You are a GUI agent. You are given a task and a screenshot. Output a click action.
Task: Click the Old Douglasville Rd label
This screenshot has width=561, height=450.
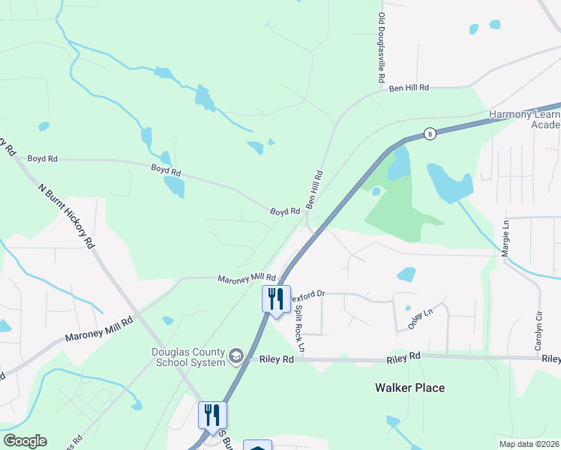[x=381, y=47]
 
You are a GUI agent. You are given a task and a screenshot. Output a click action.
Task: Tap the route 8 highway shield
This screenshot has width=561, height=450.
[x=429, y=134]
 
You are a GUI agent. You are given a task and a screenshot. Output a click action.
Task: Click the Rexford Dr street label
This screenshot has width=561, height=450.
[x=307, y=293]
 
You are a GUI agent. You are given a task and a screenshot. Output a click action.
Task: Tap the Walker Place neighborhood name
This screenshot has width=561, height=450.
[x=409, y=388]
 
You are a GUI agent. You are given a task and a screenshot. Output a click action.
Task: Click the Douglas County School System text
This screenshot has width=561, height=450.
[x=189, y=358]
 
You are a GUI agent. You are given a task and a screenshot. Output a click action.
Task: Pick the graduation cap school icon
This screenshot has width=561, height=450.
[x=237, y=355]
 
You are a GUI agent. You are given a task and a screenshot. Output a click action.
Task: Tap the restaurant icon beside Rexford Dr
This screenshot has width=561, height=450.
[x=275, y=298]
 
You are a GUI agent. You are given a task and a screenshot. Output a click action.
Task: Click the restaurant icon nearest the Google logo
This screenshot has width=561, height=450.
[x=212, y=414]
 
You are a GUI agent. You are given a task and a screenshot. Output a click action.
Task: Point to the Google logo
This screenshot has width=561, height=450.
[x=25, y=441]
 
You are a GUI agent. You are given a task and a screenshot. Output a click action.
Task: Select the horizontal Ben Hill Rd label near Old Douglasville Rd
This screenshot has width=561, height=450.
[x=409, y=88]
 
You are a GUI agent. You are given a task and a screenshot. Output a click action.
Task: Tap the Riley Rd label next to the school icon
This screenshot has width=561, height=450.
[x=277, y=359]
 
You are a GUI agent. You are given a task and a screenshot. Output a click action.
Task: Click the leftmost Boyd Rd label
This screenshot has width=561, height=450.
[x=42, y=159]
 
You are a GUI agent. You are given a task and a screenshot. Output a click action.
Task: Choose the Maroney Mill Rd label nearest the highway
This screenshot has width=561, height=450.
[x=247, y=278]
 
